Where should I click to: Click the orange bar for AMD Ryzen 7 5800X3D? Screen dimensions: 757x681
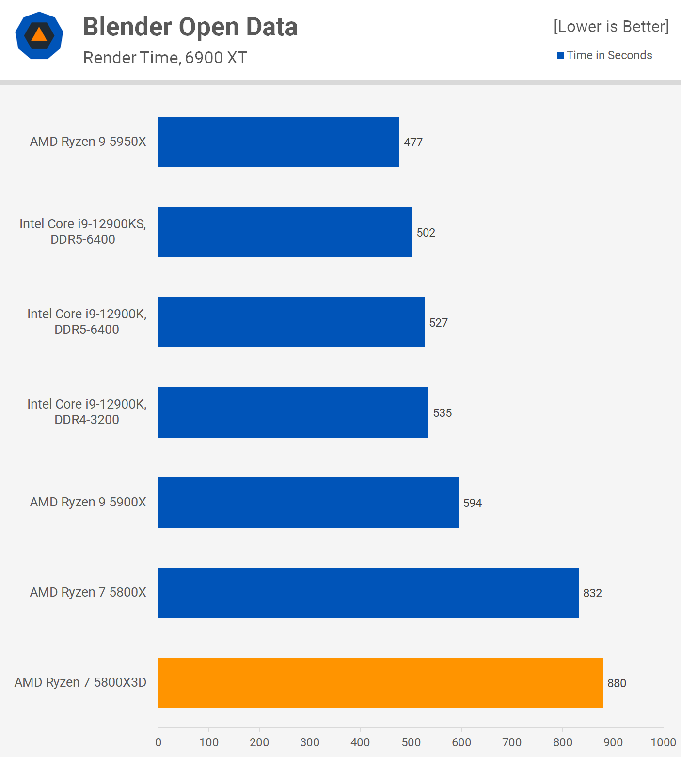[x=380, y=682]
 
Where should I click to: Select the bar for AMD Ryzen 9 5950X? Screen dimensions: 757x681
[x=279, y=142]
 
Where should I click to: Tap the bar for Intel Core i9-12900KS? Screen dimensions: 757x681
[x=285, y=232]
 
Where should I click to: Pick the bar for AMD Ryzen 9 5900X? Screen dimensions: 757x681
[x=308, y=503]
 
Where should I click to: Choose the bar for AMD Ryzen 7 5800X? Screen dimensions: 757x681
[x=368, y=593]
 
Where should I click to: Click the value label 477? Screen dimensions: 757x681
[x=413, y=142]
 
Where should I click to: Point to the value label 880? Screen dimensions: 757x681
[x=617, y=683]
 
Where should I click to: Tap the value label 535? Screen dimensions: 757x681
[x=442, y=413]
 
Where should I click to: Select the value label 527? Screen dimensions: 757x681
[x=438, y=323]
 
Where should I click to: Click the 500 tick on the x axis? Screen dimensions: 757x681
[x=411, y=742]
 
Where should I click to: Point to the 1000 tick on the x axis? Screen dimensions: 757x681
[x=663, y=742]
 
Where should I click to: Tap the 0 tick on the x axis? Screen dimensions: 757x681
[x=158, y=742]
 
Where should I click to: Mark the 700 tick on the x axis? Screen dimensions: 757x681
[x=512, y=742]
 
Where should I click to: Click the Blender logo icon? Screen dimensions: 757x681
[x=39, y=35]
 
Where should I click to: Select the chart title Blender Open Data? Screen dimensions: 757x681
[x=190, y=27]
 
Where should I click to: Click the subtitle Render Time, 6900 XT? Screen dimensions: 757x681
[x=165, y=58]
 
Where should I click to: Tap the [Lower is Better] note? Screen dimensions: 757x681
[x=611, y=26]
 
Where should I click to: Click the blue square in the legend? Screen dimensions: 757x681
[x=560, y=56]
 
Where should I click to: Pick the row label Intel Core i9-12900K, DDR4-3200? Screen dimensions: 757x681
[x=87, y=411]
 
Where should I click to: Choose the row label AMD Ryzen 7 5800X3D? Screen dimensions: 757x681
[x=80, y=682]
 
